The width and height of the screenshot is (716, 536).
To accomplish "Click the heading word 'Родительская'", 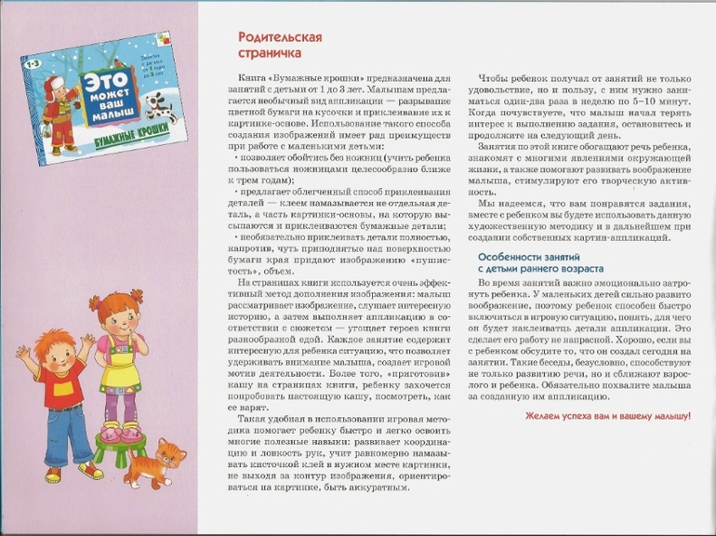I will point(268,37).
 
